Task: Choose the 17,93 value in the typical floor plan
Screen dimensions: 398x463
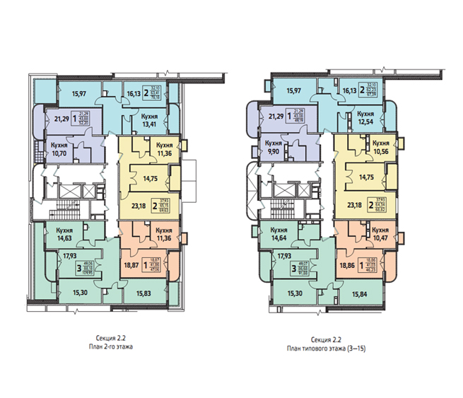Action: tap(285, 257)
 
